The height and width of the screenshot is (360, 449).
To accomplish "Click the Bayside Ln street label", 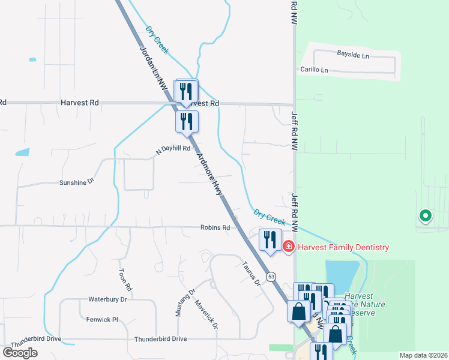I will tap(352, 55).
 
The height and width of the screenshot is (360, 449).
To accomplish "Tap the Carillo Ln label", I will tap(315, 70).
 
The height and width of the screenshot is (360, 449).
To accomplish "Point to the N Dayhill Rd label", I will tap(173, 149).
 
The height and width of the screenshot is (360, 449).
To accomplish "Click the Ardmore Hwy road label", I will tap(210, 175).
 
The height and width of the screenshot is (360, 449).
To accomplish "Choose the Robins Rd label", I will tap(215, 228).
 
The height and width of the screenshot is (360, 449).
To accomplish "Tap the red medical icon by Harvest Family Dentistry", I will tap(289, 247).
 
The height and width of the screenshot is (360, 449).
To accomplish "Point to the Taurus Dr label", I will tap(250, 272).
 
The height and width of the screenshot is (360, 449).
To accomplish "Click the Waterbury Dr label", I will tap(108, 299).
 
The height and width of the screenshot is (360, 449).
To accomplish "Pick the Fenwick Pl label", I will tap(102, 320).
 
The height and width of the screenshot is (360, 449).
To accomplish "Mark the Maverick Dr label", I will tap(206, 314).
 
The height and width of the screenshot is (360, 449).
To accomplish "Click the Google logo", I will tap(20, 352).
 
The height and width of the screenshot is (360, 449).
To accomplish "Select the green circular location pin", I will tap(426, 215).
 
